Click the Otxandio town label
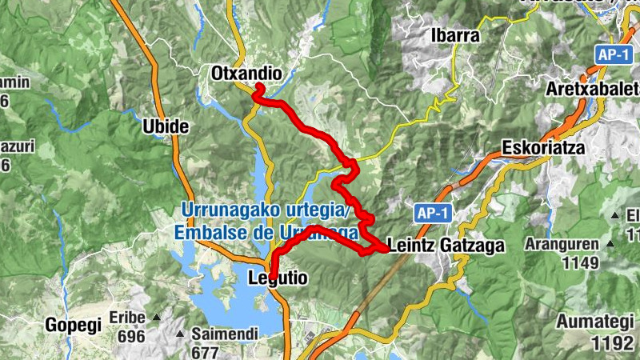(x=246, y=74)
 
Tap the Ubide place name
(x=165, y=126)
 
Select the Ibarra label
(x=454, y=36)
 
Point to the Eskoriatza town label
(x=543, y=148)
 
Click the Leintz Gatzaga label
(x=446, y=246)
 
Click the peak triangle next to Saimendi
(x=180, y=333)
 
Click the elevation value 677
(x=206, y=351)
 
